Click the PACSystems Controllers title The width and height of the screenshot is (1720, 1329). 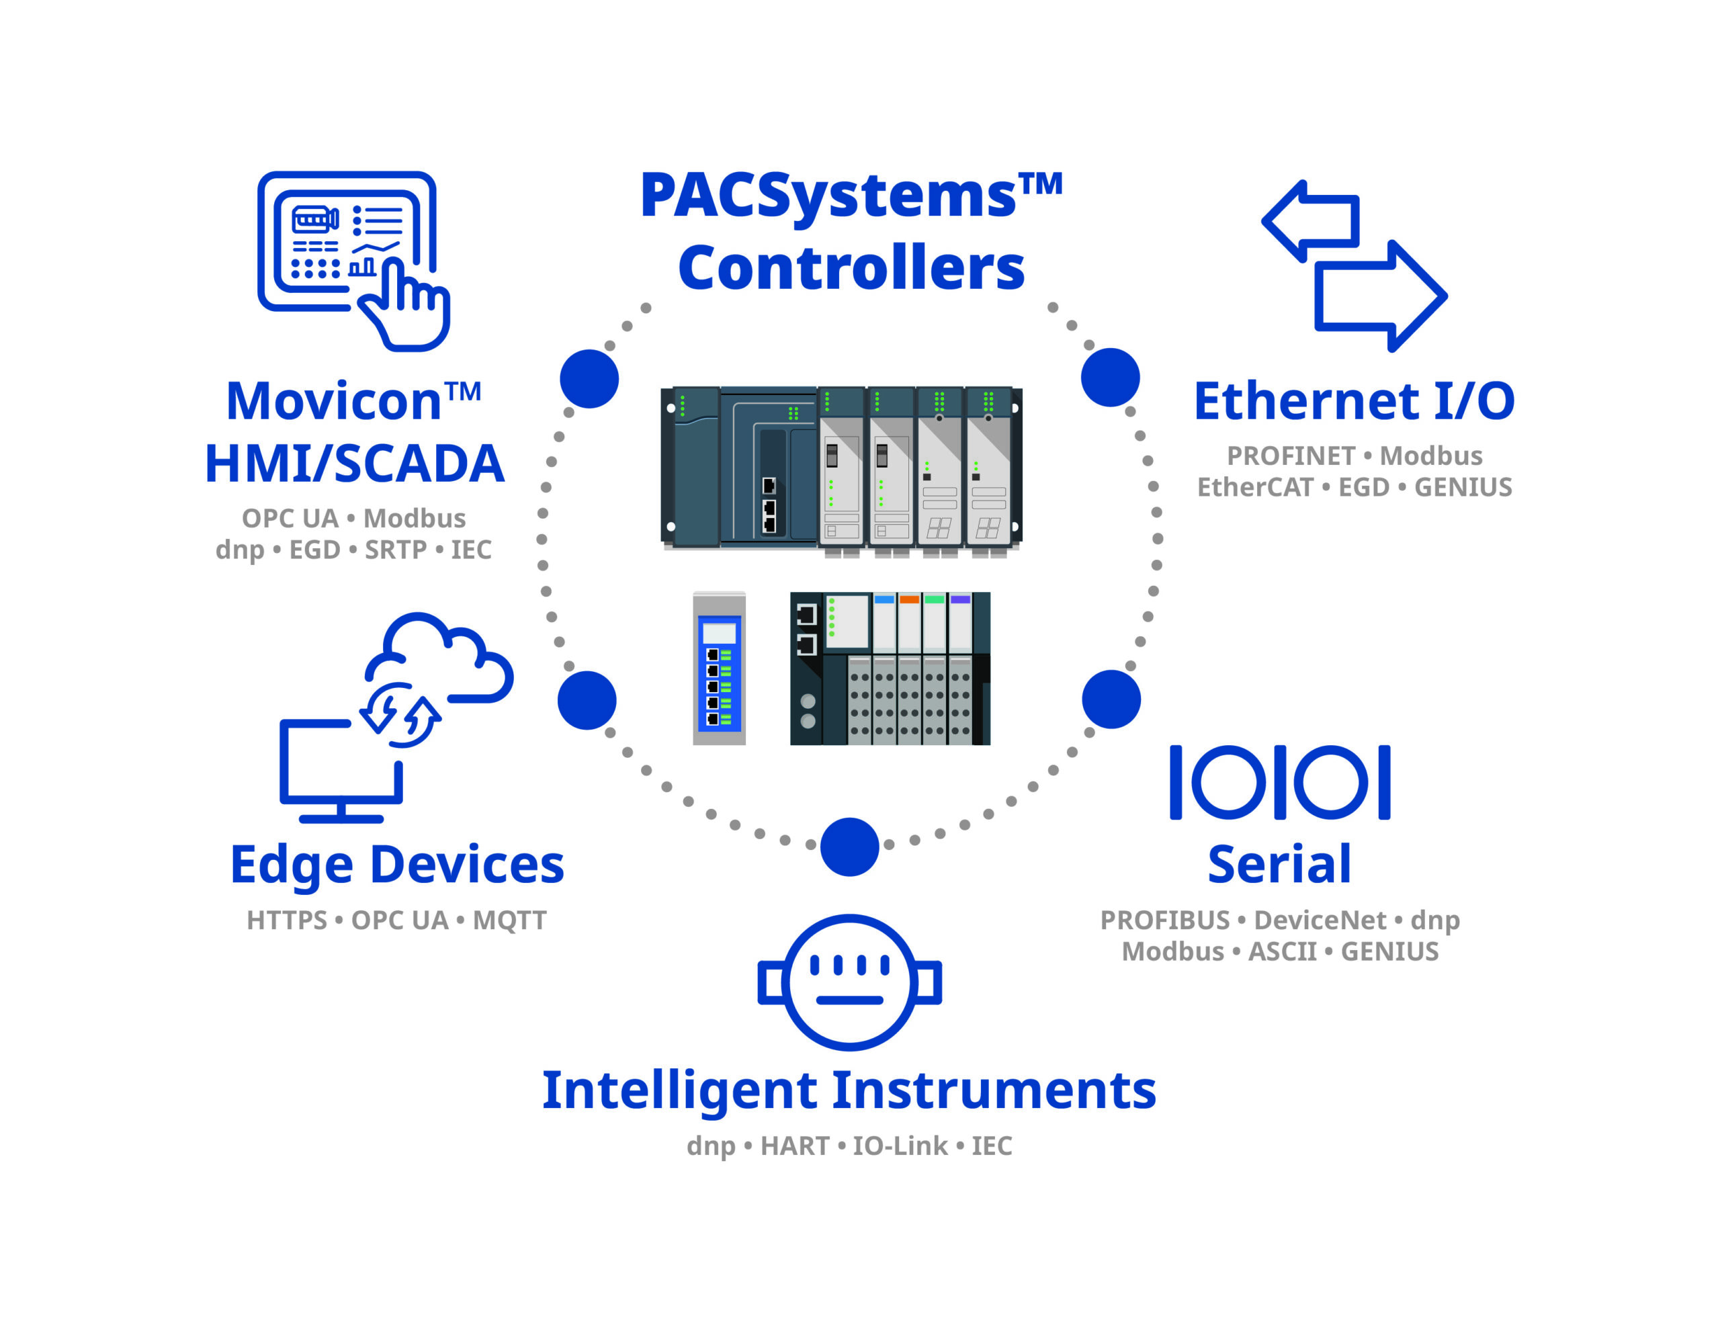click(x=851, y=232)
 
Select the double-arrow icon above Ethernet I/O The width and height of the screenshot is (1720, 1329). click(x=1354, y=265)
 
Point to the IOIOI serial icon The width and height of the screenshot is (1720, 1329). click(x=1280, y=782)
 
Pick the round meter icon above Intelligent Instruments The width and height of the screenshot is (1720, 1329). click(x=849, y=982)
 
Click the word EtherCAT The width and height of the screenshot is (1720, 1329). click(x=1254, y=488)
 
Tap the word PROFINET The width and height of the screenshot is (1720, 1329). click(x=1291, y=456)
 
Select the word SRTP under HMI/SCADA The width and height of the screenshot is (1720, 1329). click(x=395, y=550)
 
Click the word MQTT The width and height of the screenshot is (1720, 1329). click(x=509, y=920)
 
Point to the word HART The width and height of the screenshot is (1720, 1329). click(x=795, y=1146)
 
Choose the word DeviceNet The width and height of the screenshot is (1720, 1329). click(x=1320, y=920)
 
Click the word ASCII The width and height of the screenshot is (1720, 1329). click(x=1282, y=951)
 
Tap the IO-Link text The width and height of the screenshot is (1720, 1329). click(x=900, y=1146)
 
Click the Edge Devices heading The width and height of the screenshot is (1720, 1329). click(x=397, y=865)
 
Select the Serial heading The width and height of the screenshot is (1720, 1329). click(x=1280, y=865)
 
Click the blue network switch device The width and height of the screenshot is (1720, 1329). click(x=719, y=670)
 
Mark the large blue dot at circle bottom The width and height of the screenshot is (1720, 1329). click(x=849, y=847)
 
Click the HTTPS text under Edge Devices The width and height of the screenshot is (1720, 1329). click(x=287, y=920)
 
